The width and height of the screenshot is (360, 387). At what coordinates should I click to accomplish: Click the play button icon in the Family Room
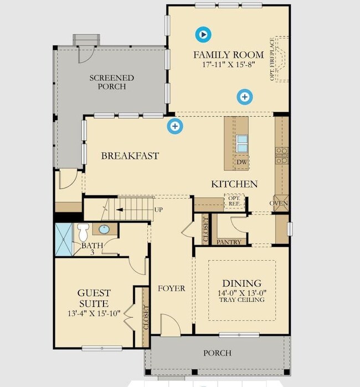203,34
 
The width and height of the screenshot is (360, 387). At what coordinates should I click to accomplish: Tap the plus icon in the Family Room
245,96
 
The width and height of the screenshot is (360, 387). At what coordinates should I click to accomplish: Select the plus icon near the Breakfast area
175,126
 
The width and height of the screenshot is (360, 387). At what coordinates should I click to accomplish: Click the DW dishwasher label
241,162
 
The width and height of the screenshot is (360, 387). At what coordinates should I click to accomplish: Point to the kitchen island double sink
242,144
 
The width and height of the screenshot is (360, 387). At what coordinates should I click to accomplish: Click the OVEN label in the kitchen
279,203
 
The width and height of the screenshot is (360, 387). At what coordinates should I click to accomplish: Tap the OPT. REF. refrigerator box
234,201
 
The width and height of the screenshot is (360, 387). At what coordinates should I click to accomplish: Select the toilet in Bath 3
83,232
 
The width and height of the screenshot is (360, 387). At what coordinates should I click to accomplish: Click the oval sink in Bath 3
104,230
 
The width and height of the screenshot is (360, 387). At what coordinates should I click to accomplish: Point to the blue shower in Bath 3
64,240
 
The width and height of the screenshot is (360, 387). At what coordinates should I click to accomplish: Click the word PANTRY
229,242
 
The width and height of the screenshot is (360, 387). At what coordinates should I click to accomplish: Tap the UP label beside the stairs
158,210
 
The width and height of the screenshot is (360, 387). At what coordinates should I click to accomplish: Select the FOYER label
171,288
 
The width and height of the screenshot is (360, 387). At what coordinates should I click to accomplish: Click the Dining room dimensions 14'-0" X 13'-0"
242,293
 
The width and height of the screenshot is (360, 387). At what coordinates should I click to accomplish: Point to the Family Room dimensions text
229,64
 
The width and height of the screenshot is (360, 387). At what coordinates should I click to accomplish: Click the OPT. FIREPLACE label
272,59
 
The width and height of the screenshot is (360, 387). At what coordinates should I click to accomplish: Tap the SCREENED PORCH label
112,82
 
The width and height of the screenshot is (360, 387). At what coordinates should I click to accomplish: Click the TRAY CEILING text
242,300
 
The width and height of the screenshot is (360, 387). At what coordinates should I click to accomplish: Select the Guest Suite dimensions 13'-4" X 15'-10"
94,313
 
